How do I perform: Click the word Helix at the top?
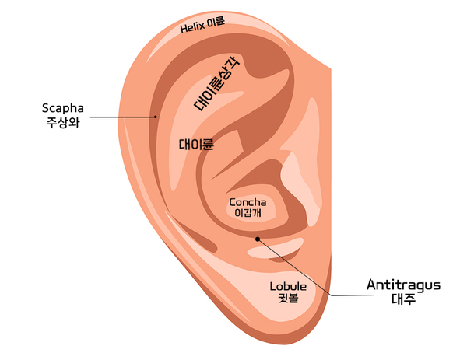[x=192, y=28]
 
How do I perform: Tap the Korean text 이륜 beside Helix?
[x=216, y=22]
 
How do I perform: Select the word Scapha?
[x=62, y=109]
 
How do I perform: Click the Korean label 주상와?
[x=63, y=122]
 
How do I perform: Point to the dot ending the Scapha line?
[x=155, y=117]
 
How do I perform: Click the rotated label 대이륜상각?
[x=216, y=84]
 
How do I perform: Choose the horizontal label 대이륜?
[x=196, y=145]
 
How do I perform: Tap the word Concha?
[x=248, y=203]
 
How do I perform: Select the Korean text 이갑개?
[x=248, y=213]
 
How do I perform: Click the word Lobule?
[x=288, y=286]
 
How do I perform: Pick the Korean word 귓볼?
[x=288, y=298]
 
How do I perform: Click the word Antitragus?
[x=403, y=285]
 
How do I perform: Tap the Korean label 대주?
[x=403, y=299]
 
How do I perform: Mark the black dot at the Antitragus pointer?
[x=258, y=239]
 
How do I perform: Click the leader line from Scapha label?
[x=122, y=117]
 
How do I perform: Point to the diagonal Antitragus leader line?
[x=295, y=267]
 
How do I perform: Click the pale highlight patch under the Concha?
[x=275, y=249]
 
